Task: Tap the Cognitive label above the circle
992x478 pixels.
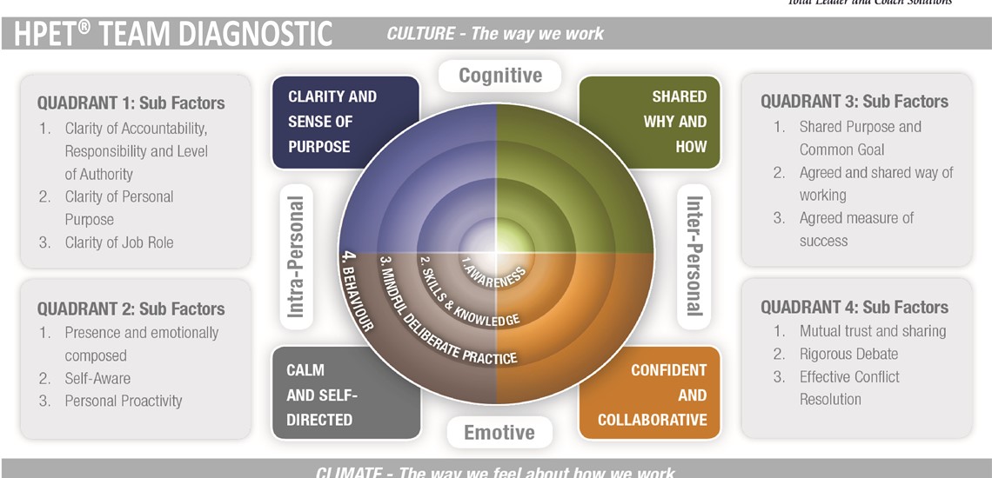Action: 499,76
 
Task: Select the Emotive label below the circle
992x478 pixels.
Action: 499,432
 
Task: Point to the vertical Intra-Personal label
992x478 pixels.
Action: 296,256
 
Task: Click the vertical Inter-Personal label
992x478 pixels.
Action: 694,256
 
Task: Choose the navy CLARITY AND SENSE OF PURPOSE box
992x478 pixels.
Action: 345,122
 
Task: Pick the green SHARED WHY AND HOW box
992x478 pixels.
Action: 650,122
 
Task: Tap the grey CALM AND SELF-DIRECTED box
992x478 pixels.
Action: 345,395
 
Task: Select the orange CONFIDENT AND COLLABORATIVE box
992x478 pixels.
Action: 650,395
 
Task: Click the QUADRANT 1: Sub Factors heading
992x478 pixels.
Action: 131,103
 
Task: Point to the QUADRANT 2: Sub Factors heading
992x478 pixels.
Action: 131,309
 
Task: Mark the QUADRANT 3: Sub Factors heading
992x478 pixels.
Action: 855,101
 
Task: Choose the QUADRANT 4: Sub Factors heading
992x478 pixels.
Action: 855,307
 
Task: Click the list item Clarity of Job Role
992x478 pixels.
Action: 119,242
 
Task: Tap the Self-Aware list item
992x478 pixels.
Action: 97,378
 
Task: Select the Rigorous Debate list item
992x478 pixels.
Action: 848,354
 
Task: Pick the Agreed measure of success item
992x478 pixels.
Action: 856,229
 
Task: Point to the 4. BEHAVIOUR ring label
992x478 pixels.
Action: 358,292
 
